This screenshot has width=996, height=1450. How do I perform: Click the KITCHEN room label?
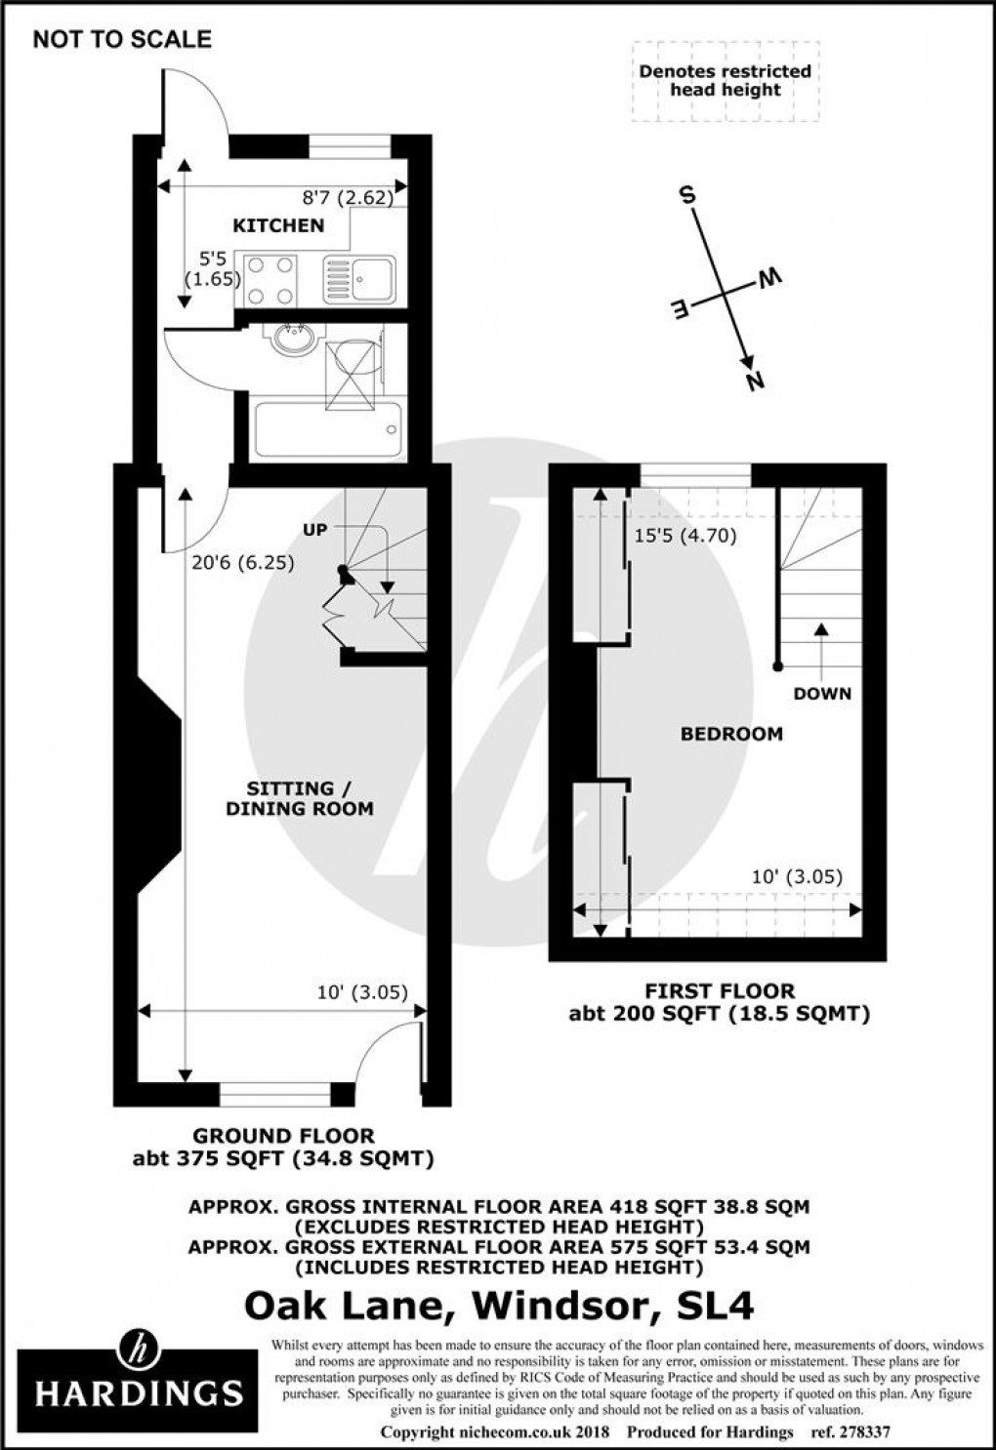coord(278,225)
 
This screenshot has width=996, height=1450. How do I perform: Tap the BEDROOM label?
coord(731,734)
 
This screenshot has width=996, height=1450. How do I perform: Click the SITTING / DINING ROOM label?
coord(300,798)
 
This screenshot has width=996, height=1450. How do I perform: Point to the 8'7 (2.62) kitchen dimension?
coord(348,198)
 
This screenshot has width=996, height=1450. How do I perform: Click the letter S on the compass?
coord(687,195)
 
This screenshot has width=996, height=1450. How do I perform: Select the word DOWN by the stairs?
coord(822,694)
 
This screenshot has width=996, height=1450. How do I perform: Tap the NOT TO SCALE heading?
coord(122,39)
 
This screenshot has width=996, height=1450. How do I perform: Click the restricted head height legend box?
coord(725,81)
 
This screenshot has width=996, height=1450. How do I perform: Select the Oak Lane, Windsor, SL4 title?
coord(499,1305)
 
